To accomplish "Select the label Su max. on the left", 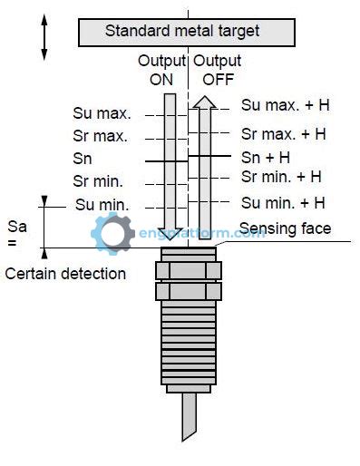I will pos(102,114).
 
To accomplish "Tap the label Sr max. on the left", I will pos(101,137).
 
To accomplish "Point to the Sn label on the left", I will pos(83,159).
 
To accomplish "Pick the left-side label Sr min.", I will pos(98,180).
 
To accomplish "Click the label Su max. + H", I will pos(285,105).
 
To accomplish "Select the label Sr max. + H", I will pos(283,133).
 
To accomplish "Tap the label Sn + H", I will pos(266,156).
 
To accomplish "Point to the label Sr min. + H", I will pos(281,176).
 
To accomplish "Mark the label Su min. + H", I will pos(283,202).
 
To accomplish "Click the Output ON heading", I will pos(161,69).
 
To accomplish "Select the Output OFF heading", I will pos(214,69).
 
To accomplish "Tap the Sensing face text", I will pos(285,228).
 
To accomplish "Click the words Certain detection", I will pos(65,273).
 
